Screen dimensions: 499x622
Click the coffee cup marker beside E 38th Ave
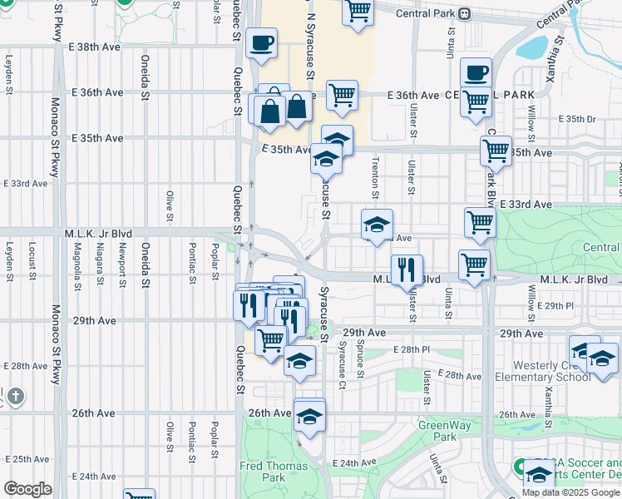click(x=262, y=44)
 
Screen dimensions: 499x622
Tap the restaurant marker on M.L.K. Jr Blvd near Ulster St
click(x=407, y=270)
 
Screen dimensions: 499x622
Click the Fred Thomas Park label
click(x=263, y=472)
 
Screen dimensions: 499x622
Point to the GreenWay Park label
click(x=437, y=431)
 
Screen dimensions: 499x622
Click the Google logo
click(x=27, y=489)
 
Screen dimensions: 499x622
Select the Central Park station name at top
click(x=425, y=13)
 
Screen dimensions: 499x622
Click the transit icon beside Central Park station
click(x=465, y=13)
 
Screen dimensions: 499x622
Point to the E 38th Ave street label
click(x=96, y=47)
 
